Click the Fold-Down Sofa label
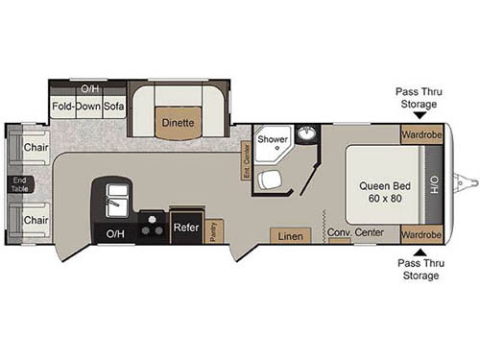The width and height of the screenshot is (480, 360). point(89,106)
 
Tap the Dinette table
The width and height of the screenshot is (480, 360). point(178,123)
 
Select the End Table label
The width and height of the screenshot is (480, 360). point(18,183)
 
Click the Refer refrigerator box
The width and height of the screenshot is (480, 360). point(185,228)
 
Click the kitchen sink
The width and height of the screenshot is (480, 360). point(118,200)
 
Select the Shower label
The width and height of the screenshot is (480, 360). point(274,139)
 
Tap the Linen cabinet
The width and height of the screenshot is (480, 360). point(289,234)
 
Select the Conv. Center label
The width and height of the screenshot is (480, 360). point(355,233)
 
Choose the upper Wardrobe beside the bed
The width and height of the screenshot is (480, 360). point(421,135)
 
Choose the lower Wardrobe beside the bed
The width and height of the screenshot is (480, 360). point(421,234)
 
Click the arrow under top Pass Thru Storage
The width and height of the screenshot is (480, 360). point(418,113)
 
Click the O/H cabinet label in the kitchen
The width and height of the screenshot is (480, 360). point(115,233)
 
